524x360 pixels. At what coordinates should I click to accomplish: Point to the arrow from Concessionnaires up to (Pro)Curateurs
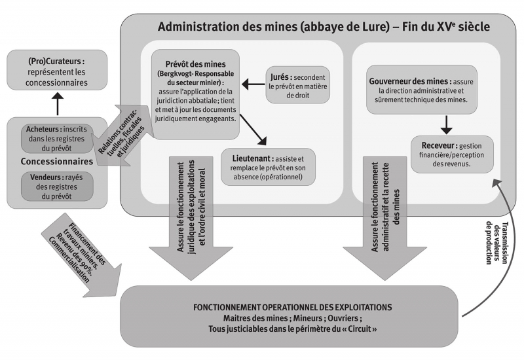click(57, 103)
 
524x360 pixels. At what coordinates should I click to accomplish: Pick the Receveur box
click(451, 153)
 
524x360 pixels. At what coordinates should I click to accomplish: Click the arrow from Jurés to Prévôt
click(252, 84)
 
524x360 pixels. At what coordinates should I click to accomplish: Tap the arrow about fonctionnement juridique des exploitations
click(187, 216)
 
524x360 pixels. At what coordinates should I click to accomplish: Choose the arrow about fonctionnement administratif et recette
click(381, 216)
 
